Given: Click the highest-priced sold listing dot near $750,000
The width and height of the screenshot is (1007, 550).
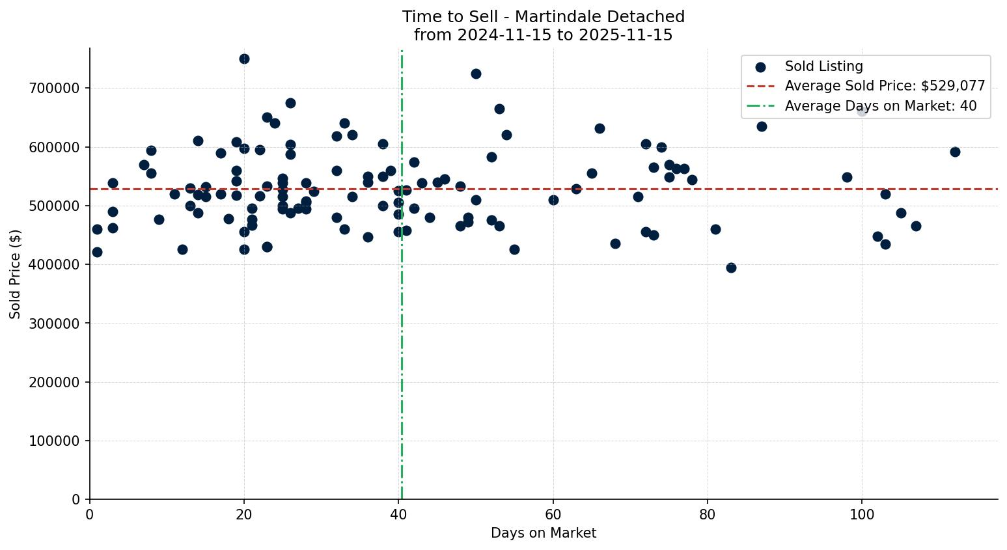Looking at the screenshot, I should click(x=244, y=59).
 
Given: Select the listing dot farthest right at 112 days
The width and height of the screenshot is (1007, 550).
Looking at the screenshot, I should click(x=955, y=152).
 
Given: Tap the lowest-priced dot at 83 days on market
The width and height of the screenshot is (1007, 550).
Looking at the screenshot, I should click(x=731, y=268).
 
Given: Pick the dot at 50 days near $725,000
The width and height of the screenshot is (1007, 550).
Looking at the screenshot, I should click(x=476, y=74).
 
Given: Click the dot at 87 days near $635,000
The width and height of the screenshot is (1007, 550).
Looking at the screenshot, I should click(x=762, y=126).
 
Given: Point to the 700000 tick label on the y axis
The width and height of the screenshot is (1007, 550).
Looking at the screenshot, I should click(x=54, y=89).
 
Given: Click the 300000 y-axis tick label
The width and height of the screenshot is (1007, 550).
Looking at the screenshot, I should click(x=54, y=323).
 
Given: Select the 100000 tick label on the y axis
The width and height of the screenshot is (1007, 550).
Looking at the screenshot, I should click(x=54, y=441).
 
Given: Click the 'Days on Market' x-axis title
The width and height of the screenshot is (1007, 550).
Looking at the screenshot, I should click(x=544, y=534).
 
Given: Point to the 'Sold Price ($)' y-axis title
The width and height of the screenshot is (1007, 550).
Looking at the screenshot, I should click(x=15, y=274).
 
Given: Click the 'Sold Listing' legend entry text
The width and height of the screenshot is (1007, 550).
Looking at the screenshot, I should click(x=823, y=66).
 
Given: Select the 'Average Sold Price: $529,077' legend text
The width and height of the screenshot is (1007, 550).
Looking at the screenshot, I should click(x=885, y=86).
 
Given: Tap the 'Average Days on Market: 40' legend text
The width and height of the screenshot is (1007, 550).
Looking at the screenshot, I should click(x=880, y=106).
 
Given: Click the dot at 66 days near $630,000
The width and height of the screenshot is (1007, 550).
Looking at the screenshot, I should click(x=600, y=128).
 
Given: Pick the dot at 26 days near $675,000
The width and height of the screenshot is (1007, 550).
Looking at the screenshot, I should click(x=290, y=103).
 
